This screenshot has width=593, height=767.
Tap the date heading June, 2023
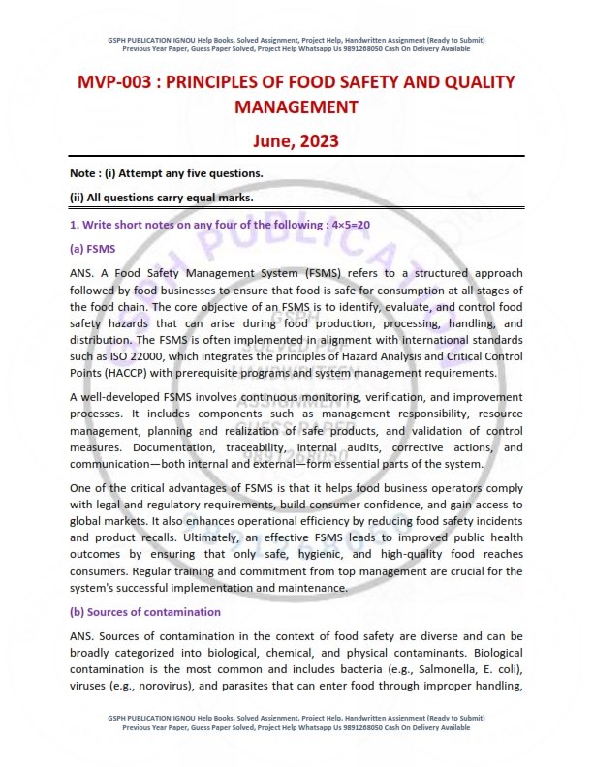pyautogui.click(x=296, y=140)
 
